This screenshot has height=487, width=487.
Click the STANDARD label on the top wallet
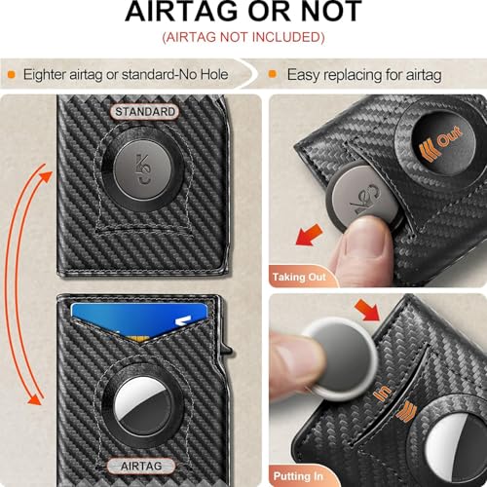[x=145, y=111]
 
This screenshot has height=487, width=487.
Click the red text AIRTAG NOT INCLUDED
[x=243, y=38]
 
